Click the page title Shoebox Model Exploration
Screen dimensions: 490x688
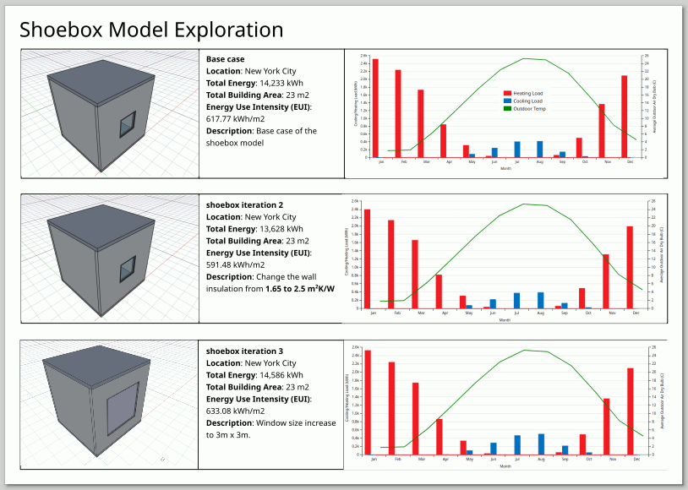coord(151,30)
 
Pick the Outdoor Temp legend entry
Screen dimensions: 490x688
coord(525,108)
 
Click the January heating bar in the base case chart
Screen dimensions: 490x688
coord(375,108)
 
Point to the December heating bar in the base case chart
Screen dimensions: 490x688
coord(624,116)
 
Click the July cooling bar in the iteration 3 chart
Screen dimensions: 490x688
coord(517,444)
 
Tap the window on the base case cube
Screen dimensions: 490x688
coord(127,124)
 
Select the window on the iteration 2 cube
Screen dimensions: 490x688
coord(126,270)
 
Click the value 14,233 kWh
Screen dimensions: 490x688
coord(278,84)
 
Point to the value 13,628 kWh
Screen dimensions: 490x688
coord(278,229)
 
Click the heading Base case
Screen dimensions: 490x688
coord(226,59)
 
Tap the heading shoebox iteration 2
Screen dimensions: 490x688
coord(244,205)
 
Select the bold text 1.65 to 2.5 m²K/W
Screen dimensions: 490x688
coord(299,289)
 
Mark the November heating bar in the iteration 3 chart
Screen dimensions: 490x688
coord(605,427)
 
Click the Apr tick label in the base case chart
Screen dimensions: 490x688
coord(449,161)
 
